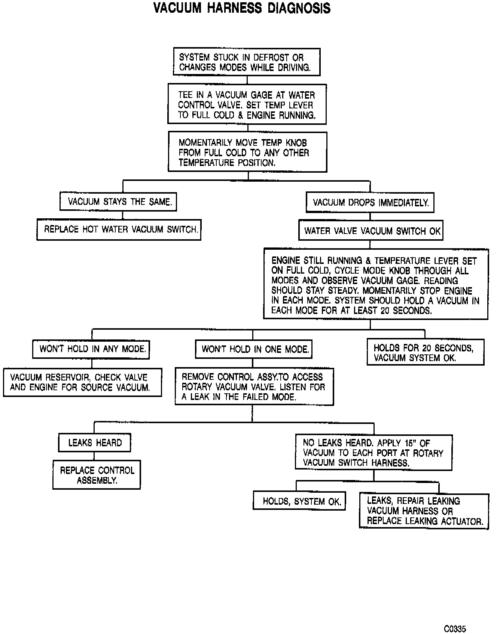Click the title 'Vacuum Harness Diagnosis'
242,8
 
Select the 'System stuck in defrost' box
247,62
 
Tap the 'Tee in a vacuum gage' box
247,105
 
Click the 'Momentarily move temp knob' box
247,152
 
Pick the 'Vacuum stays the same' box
118,202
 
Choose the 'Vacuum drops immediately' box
370,203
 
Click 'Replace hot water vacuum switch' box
119,230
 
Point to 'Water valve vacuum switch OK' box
371,231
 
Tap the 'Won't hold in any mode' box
91,349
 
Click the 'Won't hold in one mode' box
254,350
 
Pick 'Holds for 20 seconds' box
425,353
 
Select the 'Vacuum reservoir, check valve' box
83,382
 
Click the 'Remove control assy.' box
254,387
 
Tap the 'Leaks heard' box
95,443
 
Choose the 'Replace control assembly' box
97,475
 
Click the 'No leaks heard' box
373,453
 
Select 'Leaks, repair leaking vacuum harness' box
424,511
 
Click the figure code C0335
455,618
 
